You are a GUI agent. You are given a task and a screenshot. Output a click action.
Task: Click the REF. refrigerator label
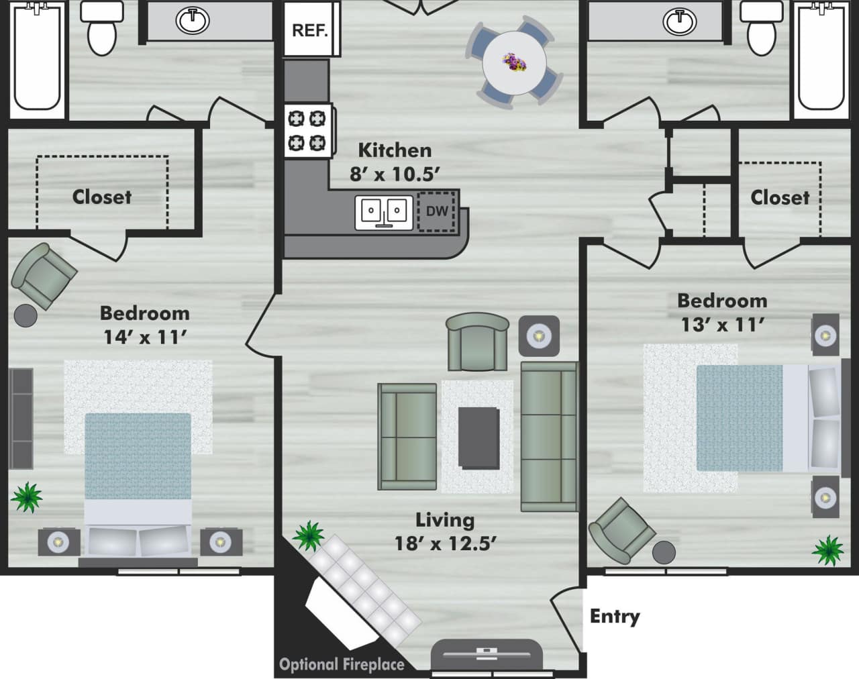coord(309,31)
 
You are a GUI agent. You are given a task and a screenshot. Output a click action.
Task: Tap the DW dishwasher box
coord(437,211)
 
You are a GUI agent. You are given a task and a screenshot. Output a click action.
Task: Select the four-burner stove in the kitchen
coord(307,131)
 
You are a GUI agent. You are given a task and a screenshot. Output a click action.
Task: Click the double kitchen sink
coord(383,212)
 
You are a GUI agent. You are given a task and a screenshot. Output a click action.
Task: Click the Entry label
coord(615,616)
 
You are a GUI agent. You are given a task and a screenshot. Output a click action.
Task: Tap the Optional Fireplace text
coord(342,664)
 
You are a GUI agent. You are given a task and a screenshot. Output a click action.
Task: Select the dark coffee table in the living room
coord(478,437)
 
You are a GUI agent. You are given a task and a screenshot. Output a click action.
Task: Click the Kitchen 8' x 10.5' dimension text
coord(395,162)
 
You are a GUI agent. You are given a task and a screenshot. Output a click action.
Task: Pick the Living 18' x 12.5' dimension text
coord(445,531)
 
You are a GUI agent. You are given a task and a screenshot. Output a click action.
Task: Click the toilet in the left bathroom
coord(102,28)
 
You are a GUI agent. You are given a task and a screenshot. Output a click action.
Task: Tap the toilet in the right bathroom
coord(762,28)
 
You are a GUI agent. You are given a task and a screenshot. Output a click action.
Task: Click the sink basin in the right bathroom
coord(680,21)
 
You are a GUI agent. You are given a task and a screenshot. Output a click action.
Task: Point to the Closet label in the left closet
coord(102,197)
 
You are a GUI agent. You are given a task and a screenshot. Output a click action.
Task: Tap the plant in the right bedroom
coord(827,550)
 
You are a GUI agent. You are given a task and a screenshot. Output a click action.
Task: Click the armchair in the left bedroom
coord(44,275)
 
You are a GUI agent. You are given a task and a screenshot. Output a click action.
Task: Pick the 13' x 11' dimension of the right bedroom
coord(723,325)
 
